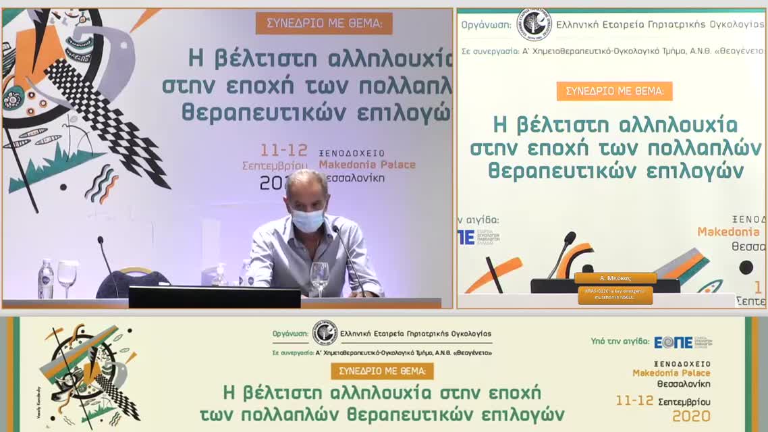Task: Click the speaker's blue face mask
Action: coord(307,220)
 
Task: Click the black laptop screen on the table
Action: coord(215,298)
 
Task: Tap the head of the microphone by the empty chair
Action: coord(101,240)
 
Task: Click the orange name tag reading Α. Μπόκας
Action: coord(615,278)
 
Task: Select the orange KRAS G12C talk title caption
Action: coord(615,295)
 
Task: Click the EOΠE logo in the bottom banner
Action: coord(674,342)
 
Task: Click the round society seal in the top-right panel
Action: coord(534,25)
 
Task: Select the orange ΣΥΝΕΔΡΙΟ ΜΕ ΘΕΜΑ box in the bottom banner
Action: coord(382,371)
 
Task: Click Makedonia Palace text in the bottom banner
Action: coord(671,373)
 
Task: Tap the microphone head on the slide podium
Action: coord(570,238)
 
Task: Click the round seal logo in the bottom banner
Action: coord(325,333)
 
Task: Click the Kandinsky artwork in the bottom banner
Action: coord(88,375)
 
